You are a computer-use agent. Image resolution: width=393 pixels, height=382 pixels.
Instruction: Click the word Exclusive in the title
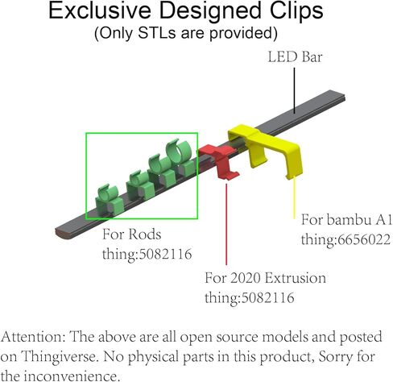pyautogui.click(x=100, y=10)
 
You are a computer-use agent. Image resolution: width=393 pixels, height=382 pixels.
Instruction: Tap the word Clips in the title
pyautogui.click(x=296, y=10)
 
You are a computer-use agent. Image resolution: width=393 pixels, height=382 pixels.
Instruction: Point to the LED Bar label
pyautogui.click(x=295, y=57)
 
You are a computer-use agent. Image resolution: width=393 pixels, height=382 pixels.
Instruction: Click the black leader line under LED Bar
pyautogui.click(x=294, y=90)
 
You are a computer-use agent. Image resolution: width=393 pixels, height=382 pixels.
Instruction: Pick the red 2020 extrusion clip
pyautogui.click(x=219, y=162)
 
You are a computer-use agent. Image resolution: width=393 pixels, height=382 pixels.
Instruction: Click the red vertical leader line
pyautogui.click(x=226, y=224)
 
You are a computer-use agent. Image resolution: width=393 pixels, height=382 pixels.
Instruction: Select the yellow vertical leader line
pyautogui.click(x=294, y=198)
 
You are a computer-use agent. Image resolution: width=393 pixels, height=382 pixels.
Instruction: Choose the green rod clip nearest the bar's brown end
pyautogui.click(x=110, y=201)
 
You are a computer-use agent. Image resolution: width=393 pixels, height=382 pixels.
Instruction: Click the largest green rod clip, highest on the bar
pyautogui.click(x=180, y=158)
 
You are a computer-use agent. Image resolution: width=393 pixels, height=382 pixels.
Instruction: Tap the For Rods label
pyautogui.click(x=132, y=235)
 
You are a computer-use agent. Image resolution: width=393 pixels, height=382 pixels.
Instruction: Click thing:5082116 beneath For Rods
pyautogui.click(x=147, y=254)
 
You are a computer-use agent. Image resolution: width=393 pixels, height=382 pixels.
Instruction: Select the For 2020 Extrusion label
pyautogui.click(x=266, y=278)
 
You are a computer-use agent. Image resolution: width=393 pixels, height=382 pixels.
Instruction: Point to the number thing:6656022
pyautogui.click(x=345, y=239)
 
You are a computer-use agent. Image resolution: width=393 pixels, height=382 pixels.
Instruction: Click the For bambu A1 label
pyautogui.click(x=346, y=220)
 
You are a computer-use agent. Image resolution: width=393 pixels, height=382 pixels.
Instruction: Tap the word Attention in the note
pyautogui.click(x=33, y=337)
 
